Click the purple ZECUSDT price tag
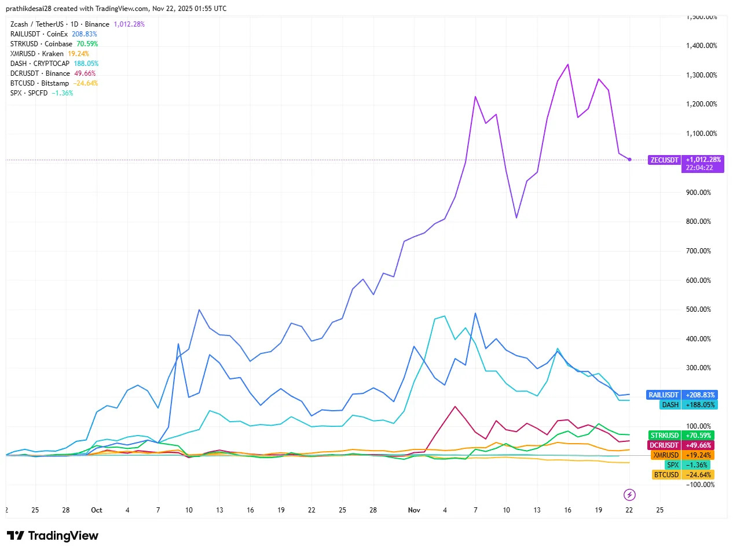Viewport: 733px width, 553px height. coord(664,160)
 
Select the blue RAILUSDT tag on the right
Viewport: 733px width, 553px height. coord(663,395)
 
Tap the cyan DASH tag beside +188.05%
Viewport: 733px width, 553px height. coord(670,405)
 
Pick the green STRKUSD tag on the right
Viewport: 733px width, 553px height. coord(664,436)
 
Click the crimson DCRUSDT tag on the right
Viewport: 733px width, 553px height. coord(664,445)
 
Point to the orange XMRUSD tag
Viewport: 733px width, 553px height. coord(666,455)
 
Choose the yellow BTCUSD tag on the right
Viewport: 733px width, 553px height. coord(666,475)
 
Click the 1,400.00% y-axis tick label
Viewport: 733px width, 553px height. coord(701,46)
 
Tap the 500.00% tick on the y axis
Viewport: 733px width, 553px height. coord(698,309)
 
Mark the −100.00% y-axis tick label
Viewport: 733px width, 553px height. coord(700,485)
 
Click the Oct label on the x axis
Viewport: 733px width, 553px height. coord(97,510)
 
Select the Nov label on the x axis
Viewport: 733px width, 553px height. coord(414,510)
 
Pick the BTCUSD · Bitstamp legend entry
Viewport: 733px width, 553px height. coord(39,83)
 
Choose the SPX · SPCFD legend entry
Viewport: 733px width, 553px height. coord(29,93)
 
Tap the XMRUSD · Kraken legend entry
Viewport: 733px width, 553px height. coord(37,54)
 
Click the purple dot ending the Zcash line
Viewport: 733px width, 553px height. coord(629,159)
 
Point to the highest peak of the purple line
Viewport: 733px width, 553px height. coord(568,64)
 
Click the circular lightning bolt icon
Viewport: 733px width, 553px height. coord(629,495)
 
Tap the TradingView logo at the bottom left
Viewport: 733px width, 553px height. coord(53,536)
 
